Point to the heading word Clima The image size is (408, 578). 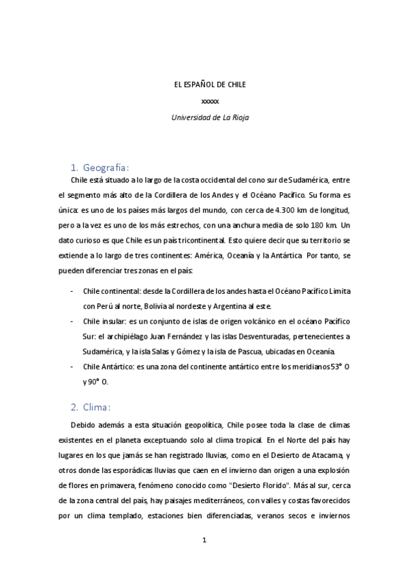click(x=99, y=408)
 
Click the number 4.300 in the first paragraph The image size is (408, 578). click(x=283, y=210)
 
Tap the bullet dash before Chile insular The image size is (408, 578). click(x=73, y=321)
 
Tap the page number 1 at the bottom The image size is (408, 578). click(x=204, y=541)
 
